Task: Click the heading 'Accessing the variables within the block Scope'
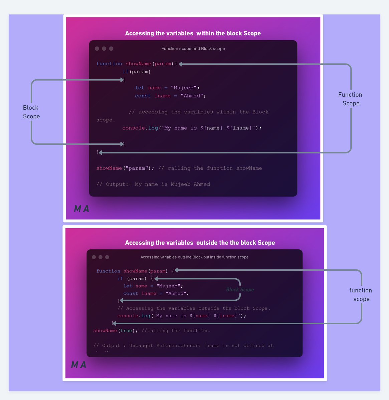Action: tap(193, 33)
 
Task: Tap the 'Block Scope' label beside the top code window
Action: tap(31, 112)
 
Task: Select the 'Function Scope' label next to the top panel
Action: tap(350, 99)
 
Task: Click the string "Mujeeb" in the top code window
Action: tap(184, 88)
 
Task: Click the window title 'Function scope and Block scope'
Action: tap(193, 49)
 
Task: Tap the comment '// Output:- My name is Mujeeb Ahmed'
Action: tap(153, 184)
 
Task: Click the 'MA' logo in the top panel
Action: tap(81, 209)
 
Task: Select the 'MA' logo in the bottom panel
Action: tap(79, 365)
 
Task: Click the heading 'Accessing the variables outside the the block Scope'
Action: tap(200, 243)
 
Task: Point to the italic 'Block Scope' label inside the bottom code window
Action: tap(240, 290)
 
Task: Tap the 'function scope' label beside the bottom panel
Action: tap(361, 295)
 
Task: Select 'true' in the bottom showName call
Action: tap(126, 331)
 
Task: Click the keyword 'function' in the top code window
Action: tap(109, 64)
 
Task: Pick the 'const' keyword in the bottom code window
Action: tap(131, 294)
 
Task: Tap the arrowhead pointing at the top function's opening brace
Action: tap(181, 64)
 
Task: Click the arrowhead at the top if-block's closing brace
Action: tap(122, 144)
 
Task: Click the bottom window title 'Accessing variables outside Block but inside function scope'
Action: tap(194, 257)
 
